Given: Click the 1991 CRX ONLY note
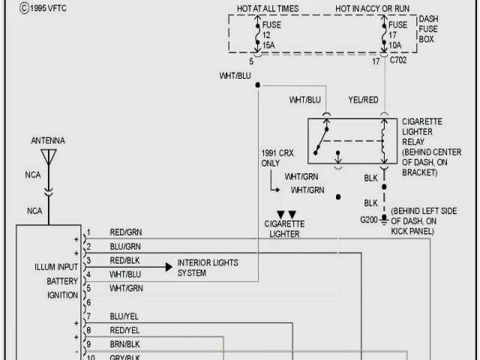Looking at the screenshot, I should (x=271, y=157).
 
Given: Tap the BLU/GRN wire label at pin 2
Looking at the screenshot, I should (x=124, y=246).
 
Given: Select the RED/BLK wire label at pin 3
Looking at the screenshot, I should (x=124, y=259).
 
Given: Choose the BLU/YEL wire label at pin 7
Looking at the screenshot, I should (x=124, y=316).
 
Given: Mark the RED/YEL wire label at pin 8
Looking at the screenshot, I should (x=124, y=330).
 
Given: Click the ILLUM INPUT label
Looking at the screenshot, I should (x=56, y=267).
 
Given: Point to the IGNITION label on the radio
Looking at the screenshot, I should (x=62, y=295).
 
